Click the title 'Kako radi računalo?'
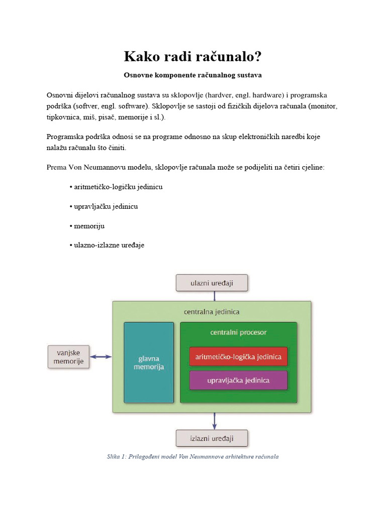click(x=193, y=57)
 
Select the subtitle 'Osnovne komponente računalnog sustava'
click(x=193, y=75)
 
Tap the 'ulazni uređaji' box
click(x=212, y=283)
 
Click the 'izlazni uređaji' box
click(x=212, y=438)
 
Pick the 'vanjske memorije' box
click(x=69, y=356)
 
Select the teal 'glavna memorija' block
click(x=149, y=362)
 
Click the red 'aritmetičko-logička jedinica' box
click(x=238, y=356)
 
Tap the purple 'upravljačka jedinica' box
click(x=238, y=380)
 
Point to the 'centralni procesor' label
click(x=238, y=332)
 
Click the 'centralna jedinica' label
click(x=212, y=312)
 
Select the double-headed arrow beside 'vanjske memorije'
click(x=101, y=357)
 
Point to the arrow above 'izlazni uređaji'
click(x=215, y=421)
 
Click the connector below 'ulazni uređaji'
click(x=215, y=296)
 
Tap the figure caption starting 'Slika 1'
click(x=193, y=457)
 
